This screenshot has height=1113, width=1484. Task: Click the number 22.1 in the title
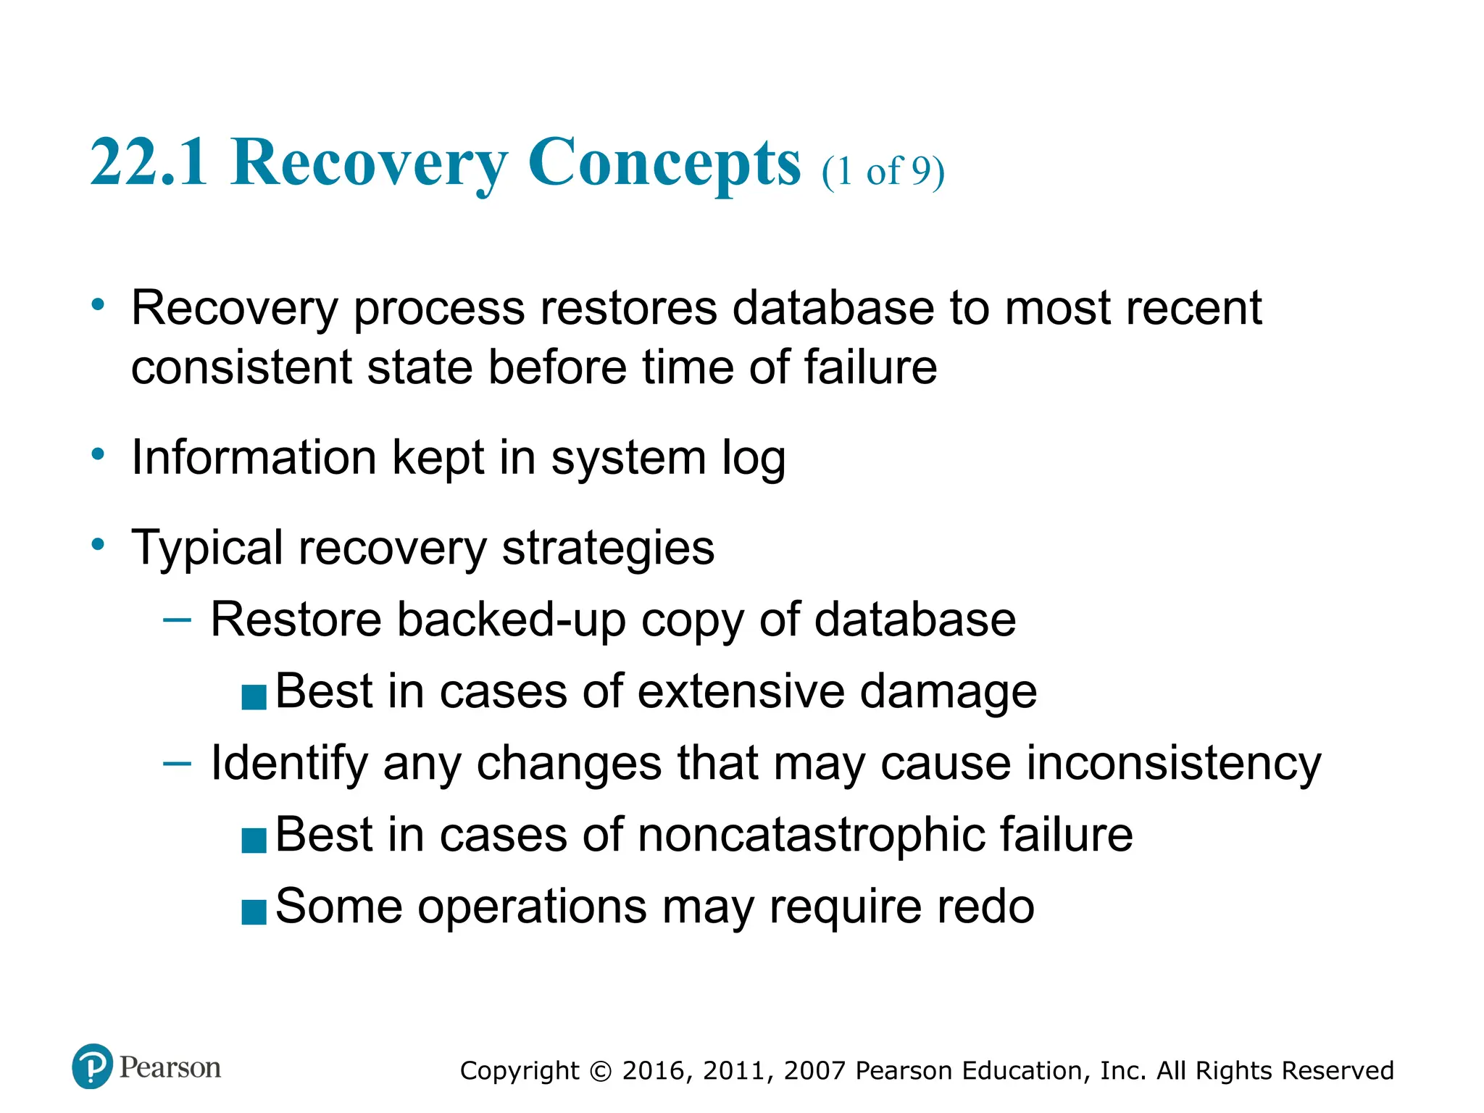[149, 162]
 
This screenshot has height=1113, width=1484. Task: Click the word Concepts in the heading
[664, 162]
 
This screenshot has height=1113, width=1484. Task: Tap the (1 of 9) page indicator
[883, 172]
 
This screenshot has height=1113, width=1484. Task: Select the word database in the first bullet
[833, 308]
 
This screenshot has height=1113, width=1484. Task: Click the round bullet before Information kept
[98, 455]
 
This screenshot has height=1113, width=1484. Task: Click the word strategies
[608, 548]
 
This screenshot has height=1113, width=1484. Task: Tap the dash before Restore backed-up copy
[177, 620]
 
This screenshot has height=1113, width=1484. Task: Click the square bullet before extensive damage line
[254, 696]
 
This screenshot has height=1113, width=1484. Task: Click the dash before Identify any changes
[177, 763]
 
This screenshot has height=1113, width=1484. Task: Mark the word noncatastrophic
[811, 835]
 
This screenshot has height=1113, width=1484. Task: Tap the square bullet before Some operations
[254, 912]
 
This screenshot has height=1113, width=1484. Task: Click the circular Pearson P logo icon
[93, 1066]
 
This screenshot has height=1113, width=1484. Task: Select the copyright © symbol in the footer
[601, 1071]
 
